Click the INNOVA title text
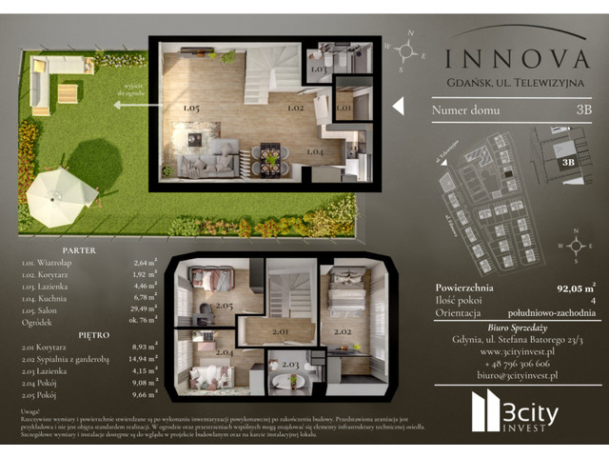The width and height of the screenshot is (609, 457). (517, 59)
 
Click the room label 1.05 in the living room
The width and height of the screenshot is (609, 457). (190, 109)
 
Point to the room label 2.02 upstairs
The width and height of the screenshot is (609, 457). (342, 333)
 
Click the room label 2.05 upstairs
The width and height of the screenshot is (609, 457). (225, 305)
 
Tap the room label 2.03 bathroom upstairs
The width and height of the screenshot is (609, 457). (291, 365)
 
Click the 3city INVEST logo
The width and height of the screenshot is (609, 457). (518, 412)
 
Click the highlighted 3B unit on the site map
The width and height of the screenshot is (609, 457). (569, 162)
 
